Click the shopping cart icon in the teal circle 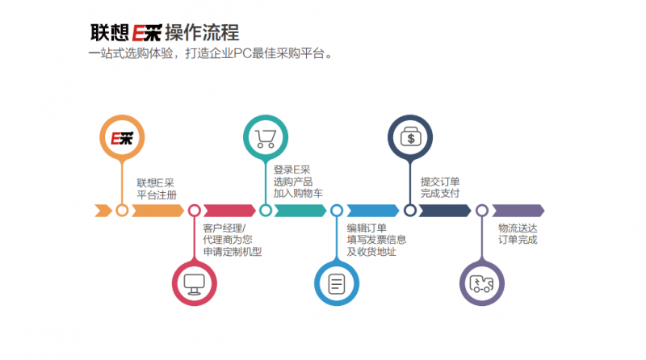pyautogui.click(x=266, y=138)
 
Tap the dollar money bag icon pyautogui.click(x=410, y=136)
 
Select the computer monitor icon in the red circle pyautogui.click(x=195, y=284)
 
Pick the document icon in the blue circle pyautogui.click(x=337, y=284)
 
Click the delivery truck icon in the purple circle pyautogui.click(x=481, y=284)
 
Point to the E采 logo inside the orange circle pyautogui.click(x=122, y=138)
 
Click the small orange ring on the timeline pyautogui.click(x=122, y=211)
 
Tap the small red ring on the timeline pyautogui.click(x=195, y=211)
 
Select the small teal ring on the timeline pyautogui.click(x=266, y=211)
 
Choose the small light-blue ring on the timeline pyautogui.click(x=337, y=211)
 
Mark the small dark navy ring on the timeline pyautogui.click(x=410, y=211)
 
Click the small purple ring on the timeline pyautogui.click(x=482, y=211)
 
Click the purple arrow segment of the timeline pyautogui.click(x=518, y=211)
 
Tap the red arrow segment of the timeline pyautogui.click(x=229, y=211)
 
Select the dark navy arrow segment pyautogui.click(x=445, y=211)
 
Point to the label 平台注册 pyautogui.click(x=157, y=195)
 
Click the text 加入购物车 pyautogui.click(x=298, y=193)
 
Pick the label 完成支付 pyautogui.click(x=440, y=193)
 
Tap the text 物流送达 pyautogui.click(x=518, y=228)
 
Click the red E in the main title pyautogui.click(x=138, y=33)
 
